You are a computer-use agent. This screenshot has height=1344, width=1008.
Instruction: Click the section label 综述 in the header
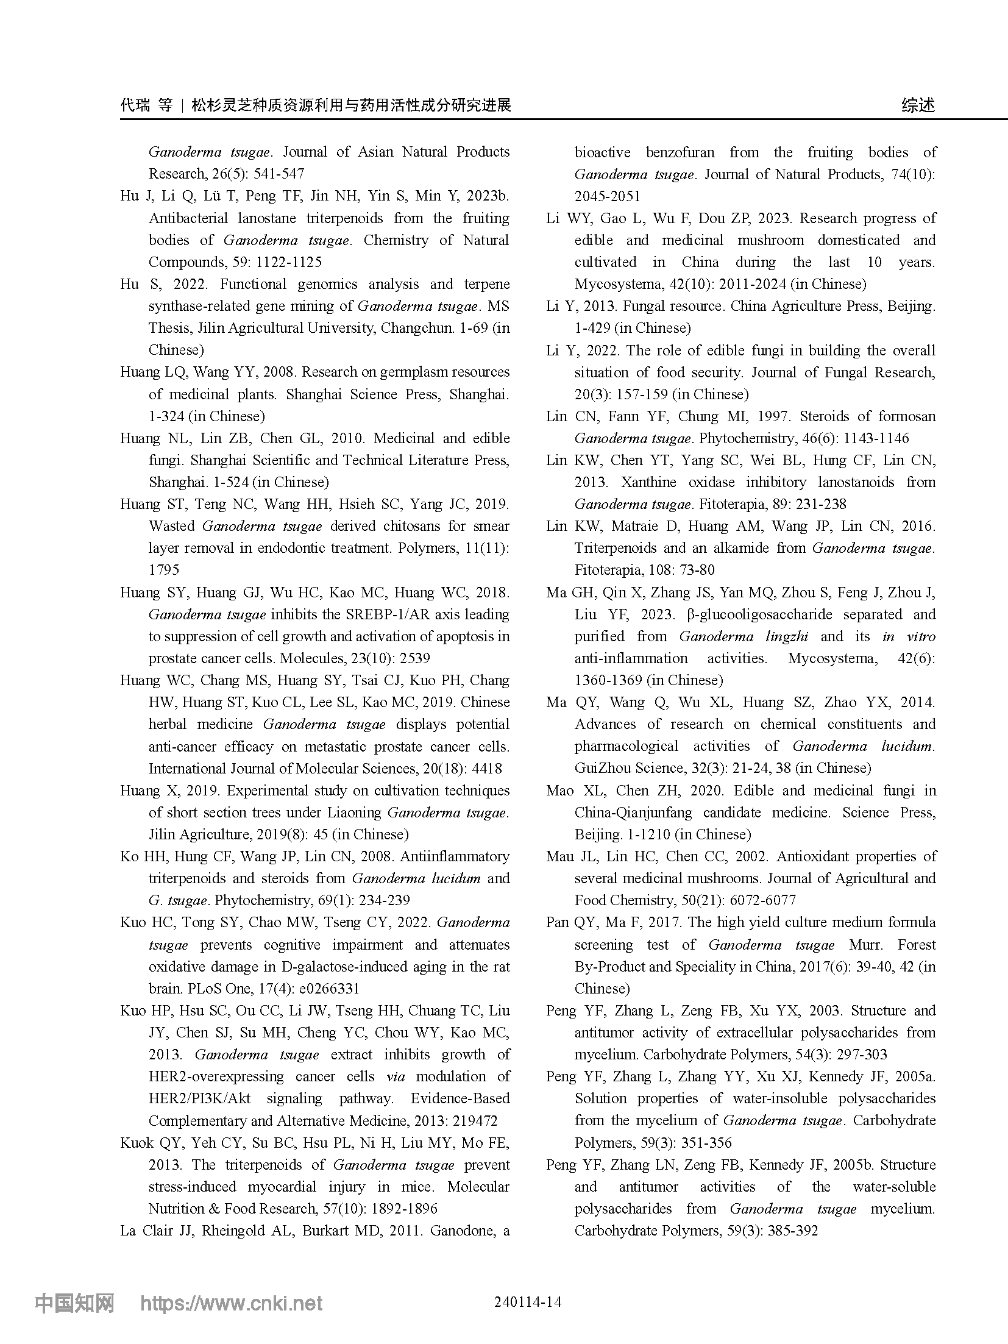tap(918, 105)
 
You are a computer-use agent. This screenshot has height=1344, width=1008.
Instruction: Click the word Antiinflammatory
tap(455, 856)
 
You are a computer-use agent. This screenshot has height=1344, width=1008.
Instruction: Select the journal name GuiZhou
tap(604, 768)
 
